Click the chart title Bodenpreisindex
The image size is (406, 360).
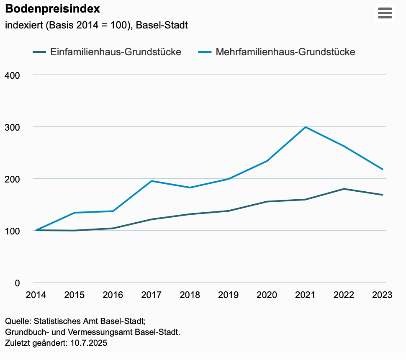coord(52,8)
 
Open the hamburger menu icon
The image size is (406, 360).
coord(385,13)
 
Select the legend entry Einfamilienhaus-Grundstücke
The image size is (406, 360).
coord(116,52)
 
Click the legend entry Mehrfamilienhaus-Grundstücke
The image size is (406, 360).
coord(285,52)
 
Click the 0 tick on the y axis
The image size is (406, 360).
coord(17,283)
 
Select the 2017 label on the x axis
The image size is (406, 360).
coord(151,295)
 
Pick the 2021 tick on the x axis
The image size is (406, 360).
coord(305,295)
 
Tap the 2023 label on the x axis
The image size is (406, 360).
coord(382,295)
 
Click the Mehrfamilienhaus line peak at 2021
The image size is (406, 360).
coord(306,127)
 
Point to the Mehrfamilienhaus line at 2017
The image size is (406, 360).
coord(151,181)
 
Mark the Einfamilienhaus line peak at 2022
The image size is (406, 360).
coord(344,189)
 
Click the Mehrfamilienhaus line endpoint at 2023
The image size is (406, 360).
coord(383,169)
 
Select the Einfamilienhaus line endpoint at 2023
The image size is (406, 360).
coord(383,195)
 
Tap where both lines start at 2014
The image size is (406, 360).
coord(36,230)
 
